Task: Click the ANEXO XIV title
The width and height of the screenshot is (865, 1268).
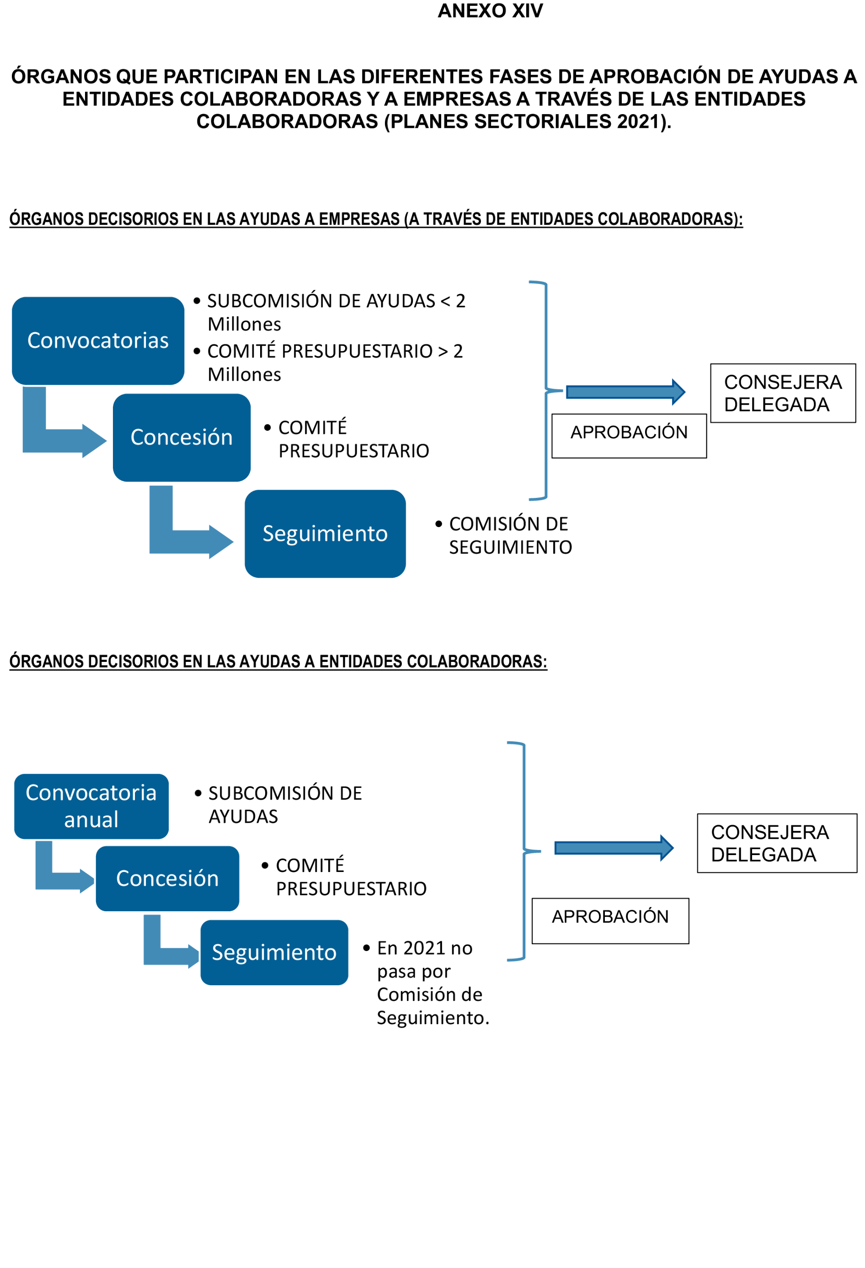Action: coord(490,11)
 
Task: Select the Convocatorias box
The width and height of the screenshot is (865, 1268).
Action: coord(98,340)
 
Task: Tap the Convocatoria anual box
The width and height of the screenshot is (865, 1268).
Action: coord(91,806)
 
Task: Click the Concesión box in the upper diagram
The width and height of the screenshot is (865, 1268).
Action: coord(182,437)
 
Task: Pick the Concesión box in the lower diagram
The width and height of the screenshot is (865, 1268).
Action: coord(167,878)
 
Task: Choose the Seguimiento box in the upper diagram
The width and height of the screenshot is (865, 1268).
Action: coord(325,533)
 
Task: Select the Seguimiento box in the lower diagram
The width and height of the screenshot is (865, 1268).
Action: coord(274,952)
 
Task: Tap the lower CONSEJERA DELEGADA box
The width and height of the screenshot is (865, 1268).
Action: coord(776,843)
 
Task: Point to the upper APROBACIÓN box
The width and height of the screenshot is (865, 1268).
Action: coord(629,435)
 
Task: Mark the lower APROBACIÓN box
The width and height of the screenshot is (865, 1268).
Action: coord(610,920)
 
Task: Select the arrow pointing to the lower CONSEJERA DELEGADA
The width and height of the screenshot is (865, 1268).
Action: coord(613,847)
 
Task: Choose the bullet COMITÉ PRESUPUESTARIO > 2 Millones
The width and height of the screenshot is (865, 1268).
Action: coord(334,362)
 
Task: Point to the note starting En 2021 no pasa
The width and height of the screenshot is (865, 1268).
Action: coord(432,983)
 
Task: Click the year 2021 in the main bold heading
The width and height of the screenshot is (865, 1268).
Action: coord(637,121)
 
